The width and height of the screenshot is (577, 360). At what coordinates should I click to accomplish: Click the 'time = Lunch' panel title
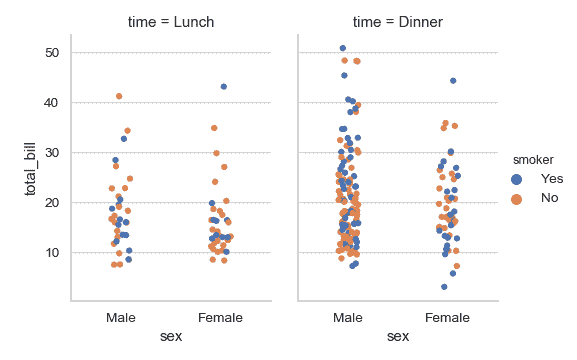click(171, 21)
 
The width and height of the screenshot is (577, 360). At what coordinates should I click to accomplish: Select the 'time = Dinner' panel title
click(397, 21)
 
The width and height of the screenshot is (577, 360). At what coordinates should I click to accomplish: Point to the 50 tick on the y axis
click(51, 52)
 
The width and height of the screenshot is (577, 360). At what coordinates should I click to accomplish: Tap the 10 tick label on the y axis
click(51, 252)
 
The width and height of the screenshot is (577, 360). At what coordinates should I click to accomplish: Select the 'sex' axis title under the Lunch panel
click(171, 336)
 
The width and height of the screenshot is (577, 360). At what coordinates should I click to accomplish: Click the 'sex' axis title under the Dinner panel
click(397, 336)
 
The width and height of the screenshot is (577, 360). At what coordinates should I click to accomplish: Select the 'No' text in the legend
click(550, 198)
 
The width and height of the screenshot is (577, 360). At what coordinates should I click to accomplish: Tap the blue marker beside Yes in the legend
click(517, 178)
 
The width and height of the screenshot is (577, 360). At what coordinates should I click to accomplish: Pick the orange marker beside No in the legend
click(517, 198)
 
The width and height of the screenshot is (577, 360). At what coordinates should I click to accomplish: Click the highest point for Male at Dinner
click(343, 48)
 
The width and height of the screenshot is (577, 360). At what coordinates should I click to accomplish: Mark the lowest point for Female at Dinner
click(444, 287)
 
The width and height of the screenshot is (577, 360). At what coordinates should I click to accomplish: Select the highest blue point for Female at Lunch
click(224, 87)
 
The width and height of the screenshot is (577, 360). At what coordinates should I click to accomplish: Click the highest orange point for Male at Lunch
click(119, 96)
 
